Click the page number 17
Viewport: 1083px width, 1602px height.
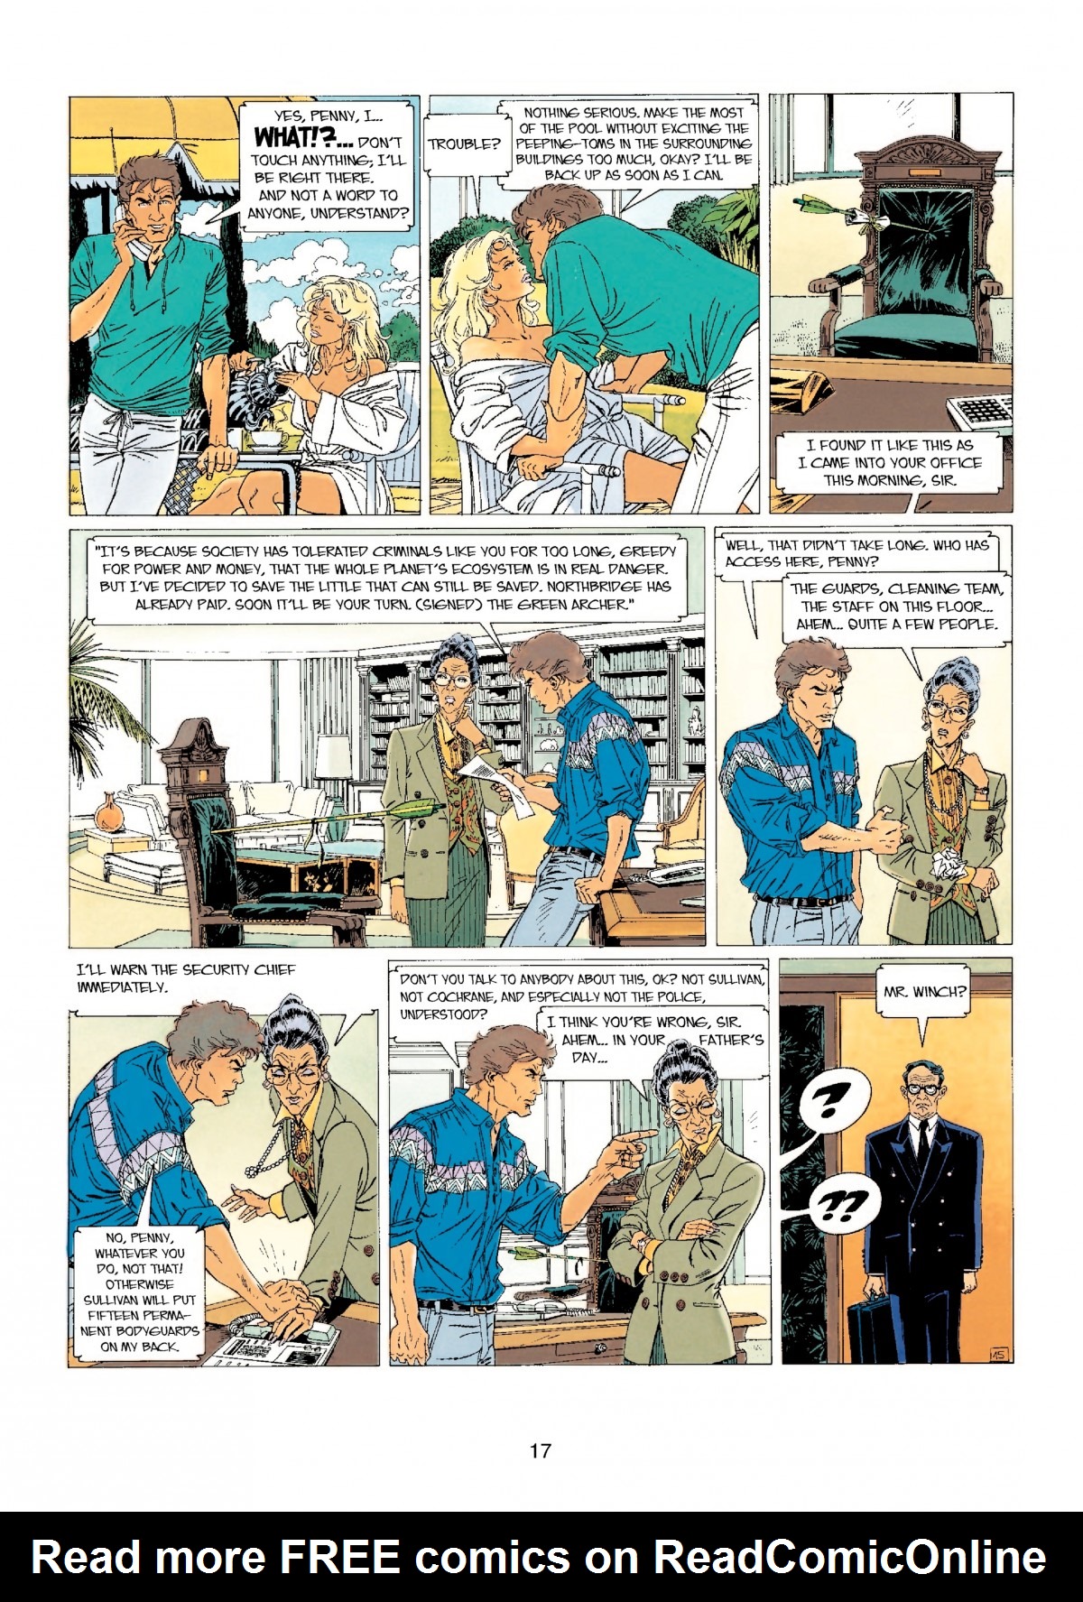(x=540, y=1450)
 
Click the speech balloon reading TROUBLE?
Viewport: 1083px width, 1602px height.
(x=464, y=144)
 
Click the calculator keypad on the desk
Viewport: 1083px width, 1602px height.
(x=979, y=411)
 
